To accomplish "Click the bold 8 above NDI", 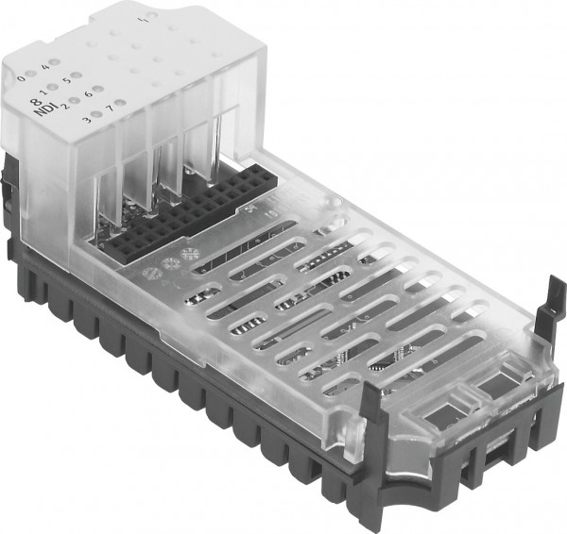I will tap(36, 103).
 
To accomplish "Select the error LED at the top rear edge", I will tap(142, 18).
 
